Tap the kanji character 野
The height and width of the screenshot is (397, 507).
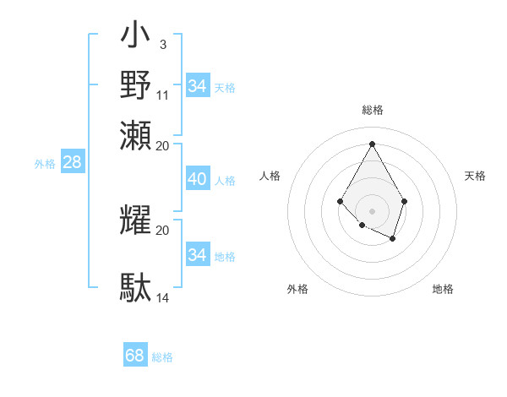click(136, 85)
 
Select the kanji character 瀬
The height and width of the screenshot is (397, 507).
click(136, 135)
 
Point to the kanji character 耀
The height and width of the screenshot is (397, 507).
click(136, 219)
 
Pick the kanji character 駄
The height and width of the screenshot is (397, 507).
click(136, 287)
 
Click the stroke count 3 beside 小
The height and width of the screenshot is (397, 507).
click(162, 43)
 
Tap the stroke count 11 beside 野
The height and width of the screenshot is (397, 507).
click(163, 94)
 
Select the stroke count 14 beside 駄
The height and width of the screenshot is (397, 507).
click(163, 297)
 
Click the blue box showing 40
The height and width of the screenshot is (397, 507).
click(197, 179)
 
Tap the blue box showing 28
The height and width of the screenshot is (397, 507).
click(72, 163)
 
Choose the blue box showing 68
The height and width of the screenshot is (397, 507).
click(135, 356)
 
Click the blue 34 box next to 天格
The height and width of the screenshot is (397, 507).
click(197, 86)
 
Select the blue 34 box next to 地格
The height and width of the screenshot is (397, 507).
click(197, 255)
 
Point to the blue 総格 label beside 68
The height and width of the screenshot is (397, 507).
click(163, 357)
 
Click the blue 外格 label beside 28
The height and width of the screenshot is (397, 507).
click(45, 165)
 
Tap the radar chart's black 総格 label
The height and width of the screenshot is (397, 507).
click(372, 110)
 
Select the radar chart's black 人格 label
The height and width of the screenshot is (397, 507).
click(270, 176)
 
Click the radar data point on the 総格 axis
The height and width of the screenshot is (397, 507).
click(372, 143)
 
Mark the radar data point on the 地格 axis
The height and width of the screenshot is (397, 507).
click(393, 239)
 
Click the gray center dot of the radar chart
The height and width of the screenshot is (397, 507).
click(372, 210)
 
